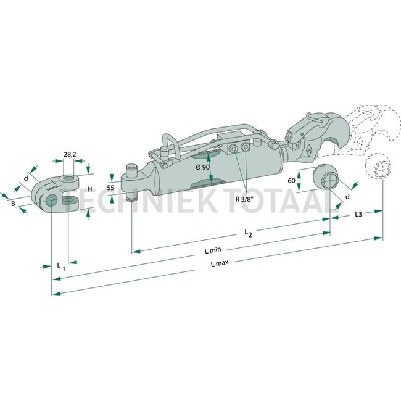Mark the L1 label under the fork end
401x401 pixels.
(x=60, y=265)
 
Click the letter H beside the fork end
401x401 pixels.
(x=89, y=189)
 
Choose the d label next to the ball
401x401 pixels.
(x=347, y=197)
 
